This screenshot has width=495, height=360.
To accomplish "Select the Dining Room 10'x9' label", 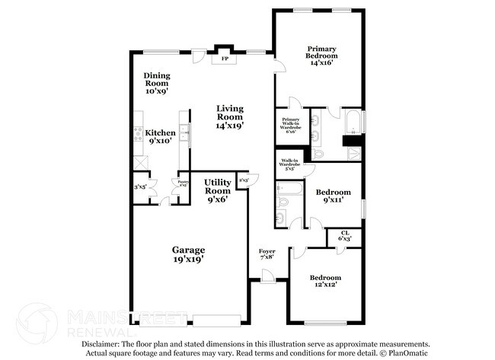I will tap(157, 82).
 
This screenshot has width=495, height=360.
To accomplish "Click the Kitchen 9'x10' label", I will tap(161, 136).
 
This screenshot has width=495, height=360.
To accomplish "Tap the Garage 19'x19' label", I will tap(187, 254).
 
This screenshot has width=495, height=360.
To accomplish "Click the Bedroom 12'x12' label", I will tap(325, 282).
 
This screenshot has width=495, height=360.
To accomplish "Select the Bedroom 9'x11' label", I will tap(334, 196).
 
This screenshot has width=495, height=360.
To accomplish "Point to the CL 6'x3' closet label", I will tap(344, 236).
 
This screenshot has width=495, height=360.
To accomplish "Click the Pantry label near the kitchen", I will tap(183, 183).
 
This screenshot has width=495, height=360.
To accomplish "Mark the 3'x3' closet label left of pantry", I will tap(139, 186).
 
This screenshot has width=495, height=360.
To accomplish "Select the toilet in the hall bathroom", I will tap(280, 219).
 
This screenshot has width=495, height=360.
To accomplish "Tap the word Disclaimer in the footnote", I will tap(90, 344).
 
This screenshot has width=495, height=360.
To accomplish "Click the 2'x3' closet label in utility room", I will tap(243, 179).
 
